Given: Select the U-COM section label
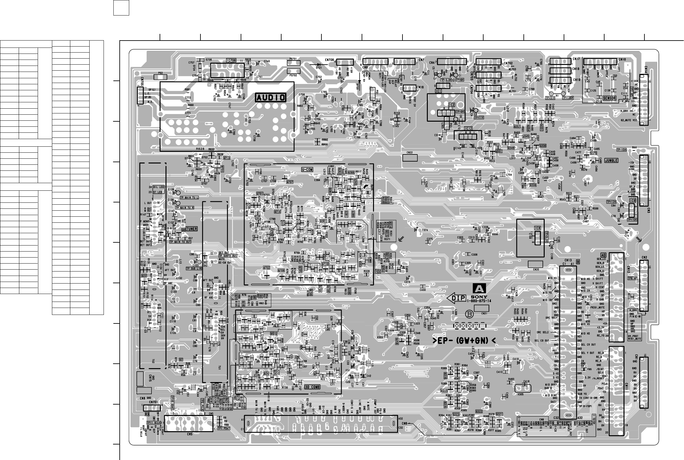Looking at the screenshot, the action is [x=307, y=170].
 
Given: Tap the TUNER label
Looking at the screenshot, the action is [x=192, y=229].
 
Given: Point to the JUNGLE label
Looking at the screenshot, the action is [x=611, y=160].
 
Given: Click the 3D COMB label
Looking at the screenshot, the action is [x=312, y=387].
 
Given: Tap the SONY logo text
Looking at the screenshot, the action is [x=481, y=297].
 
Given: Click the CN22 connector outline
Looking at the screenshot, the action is [x=409, y=157].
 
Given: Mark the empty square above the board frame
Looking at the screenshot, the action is [x=121, y=8].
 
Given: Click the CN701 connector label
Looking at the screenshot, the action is [x=154, y=402].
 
